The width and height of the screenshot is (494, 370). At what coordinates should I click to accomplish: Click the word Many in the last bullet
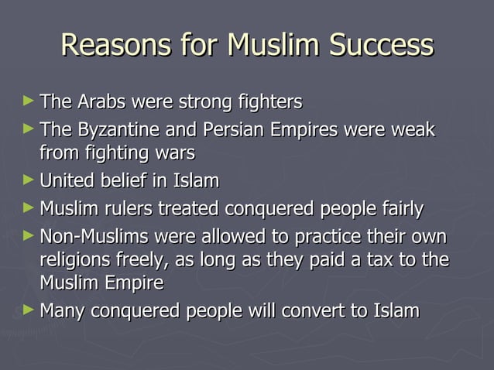click(63, 311)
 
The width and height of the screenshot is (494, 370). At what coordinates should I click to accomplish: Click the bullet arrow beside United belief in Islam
click(29, 180)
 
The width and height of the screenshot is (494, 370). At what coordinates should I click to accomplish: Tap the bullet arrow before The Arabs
click(29, 101)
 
